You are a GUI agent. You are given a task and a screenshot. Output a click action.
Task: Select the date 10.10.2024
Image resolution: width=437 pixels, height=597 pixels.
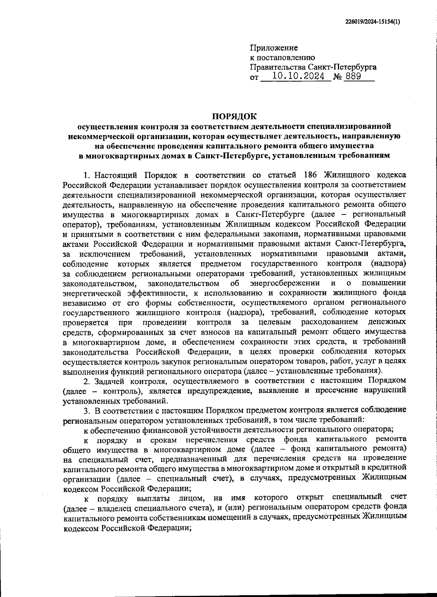299,76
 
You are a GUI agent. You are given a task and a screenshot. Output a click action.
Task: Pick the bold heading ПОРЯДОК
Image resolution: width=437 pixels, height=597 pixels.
235,116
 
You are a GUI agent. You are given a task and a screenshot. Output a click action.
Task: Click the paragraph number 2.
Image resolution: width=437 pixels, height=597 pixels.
86,381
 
